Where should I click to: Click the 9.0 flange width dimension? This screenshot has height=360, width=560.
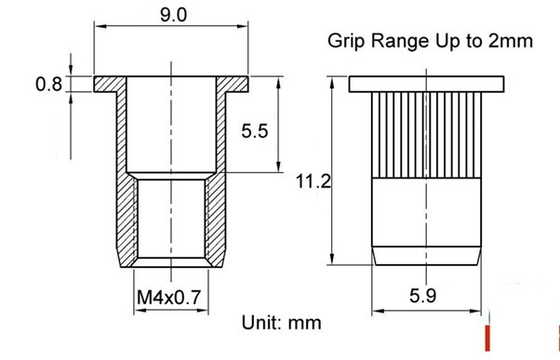click(173, 16)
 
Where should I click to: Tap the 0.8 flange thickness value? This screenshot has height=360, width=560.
click(48, 85)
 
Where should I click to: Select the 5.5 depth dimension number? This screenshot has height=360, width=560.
click(254, 131)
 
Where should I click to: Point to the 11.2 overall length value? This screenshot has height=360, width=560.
click(313, 181)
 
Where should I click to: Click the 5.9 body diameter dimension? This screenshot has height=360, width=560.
click(422, 296)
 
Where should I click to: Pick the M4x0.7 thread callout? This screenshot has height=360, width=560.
click(169, 297)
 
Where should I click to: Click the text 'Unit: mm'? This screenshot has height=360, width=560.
click(282, 323)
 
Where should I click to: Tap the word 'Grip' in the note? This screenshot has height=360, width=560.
click(346, 42)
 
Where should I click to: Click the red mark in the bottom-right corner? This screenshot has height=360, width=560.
click(487, 338)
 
